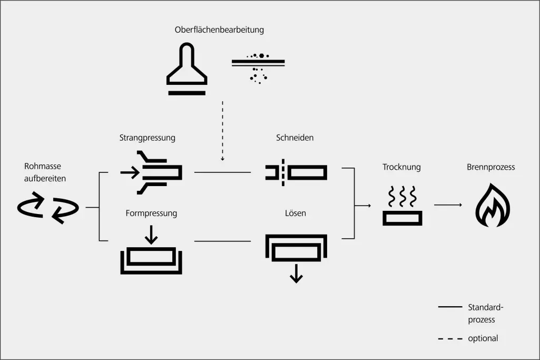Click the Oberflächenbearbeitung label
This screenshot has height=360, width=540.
(219, 30)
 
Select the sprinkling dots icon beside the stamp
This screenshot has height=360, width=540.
(258, 67)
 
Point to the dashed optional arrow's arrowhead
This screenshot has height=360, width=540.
(222, 158)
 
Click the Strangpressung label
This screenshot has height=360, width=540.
(147, 138)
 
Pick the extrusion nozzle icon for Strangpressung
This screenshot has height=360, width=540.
(152, 172)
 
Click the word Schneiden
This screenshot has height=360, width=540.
(294, 138)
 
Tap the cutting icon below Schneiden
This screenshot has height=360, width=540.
(296, 172)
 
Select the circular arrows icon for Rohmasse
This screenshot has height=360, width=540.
(47, 208)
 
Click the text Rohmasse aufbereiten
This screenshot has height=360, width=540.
(45, 173)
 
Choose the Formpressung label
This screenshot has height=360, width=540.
(151, 213)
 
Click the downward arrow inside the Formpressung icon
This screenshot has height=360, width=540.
(151, 235)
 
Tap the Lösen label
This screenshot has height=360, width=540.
(295, 213)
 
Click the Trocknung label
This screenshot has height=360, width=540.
(401, 167)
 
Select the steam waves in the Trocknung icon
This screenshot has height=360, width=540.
(402, 197)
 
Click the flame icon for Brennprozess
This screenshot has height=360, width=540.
(493, 205)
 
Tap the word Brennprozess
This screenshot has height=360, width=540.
(490, 167)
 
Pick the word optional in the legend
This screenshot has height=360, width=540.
(483, 338)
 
